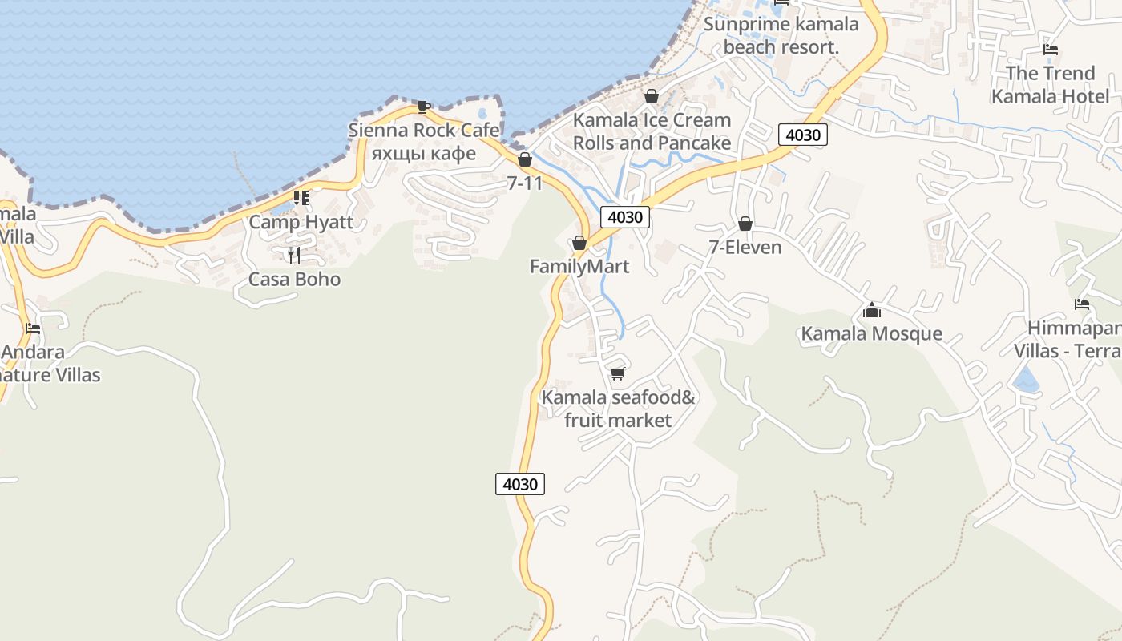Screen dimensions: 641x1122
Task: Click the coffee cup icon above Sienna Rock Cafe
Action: click(x=423, y=106)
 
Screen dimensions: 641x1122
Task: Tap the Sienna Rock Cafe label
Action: click(x=424, y=130)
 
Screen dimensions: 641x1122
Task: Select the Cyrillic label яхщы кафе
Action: click(x=424, y=153)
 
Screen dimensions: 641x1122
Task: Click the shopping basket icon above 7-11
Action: click(x=525, y=160)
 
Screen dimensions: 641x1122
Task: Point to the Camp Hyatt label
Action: click(x=301, y=222)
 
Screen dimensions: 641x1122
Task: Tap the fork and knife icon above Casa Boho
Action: click(x=294, y=256)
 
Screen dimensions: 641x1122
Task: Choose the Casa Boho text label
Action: click(x=294, y=280)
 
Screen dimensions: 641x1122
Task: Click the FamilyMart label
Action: click(x=579, y=267)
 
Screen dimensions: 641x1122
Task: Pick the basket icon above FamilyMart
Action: click(x=579, y=243)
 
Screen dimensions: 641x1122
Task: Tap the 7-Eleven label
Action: click(x=745, y=248)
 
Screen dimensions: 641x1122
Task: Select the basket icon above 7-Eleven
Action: click(x=745, y=224)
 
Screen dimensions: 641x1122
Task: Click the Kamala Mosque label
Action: click(x=871, y=333)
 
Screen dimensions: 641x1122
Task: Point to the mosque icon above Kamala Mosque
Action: click(x=871, y=310)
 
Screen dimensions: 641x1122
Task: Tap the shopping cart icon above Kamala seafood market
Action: click(x=617, y=373)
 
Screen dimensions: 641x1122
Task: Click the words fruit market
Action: click(x=618, y=420)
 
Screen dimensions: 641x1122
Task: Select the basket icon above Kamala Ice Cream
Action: click(x=652, y=96)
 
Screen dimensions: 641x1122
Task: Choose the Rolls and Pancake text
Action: click(x=652, y=143)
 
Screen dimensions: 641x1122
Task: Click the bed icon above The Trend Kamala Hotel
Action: click(x=1051, y=50)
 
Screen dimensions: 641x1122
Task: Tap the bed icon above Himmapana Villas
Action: click(x=1081, y=304)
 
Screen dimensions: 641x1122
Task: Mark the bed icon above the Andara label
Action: click(x=33, y=329)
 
